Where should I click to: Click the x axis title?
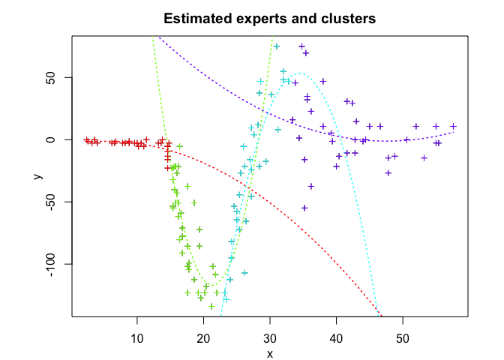(x=269, y=354)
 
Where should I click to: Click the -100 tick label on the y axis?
(x=56, y=264)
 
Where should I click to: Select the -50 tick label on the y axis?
(x=56, y=202)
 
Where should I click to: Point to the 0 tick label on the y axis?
(x=56, y=139)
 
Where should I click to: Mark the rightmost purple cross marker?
(x=454, y=126)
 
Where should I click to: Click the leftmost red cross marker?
(x=87, y=139)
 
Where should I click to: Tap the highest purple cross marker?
(x=302, y=46)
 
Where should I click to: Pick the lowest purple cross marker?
(x=305, y=208)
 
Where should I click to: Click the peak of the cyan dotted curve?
(x=298, y=73)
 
